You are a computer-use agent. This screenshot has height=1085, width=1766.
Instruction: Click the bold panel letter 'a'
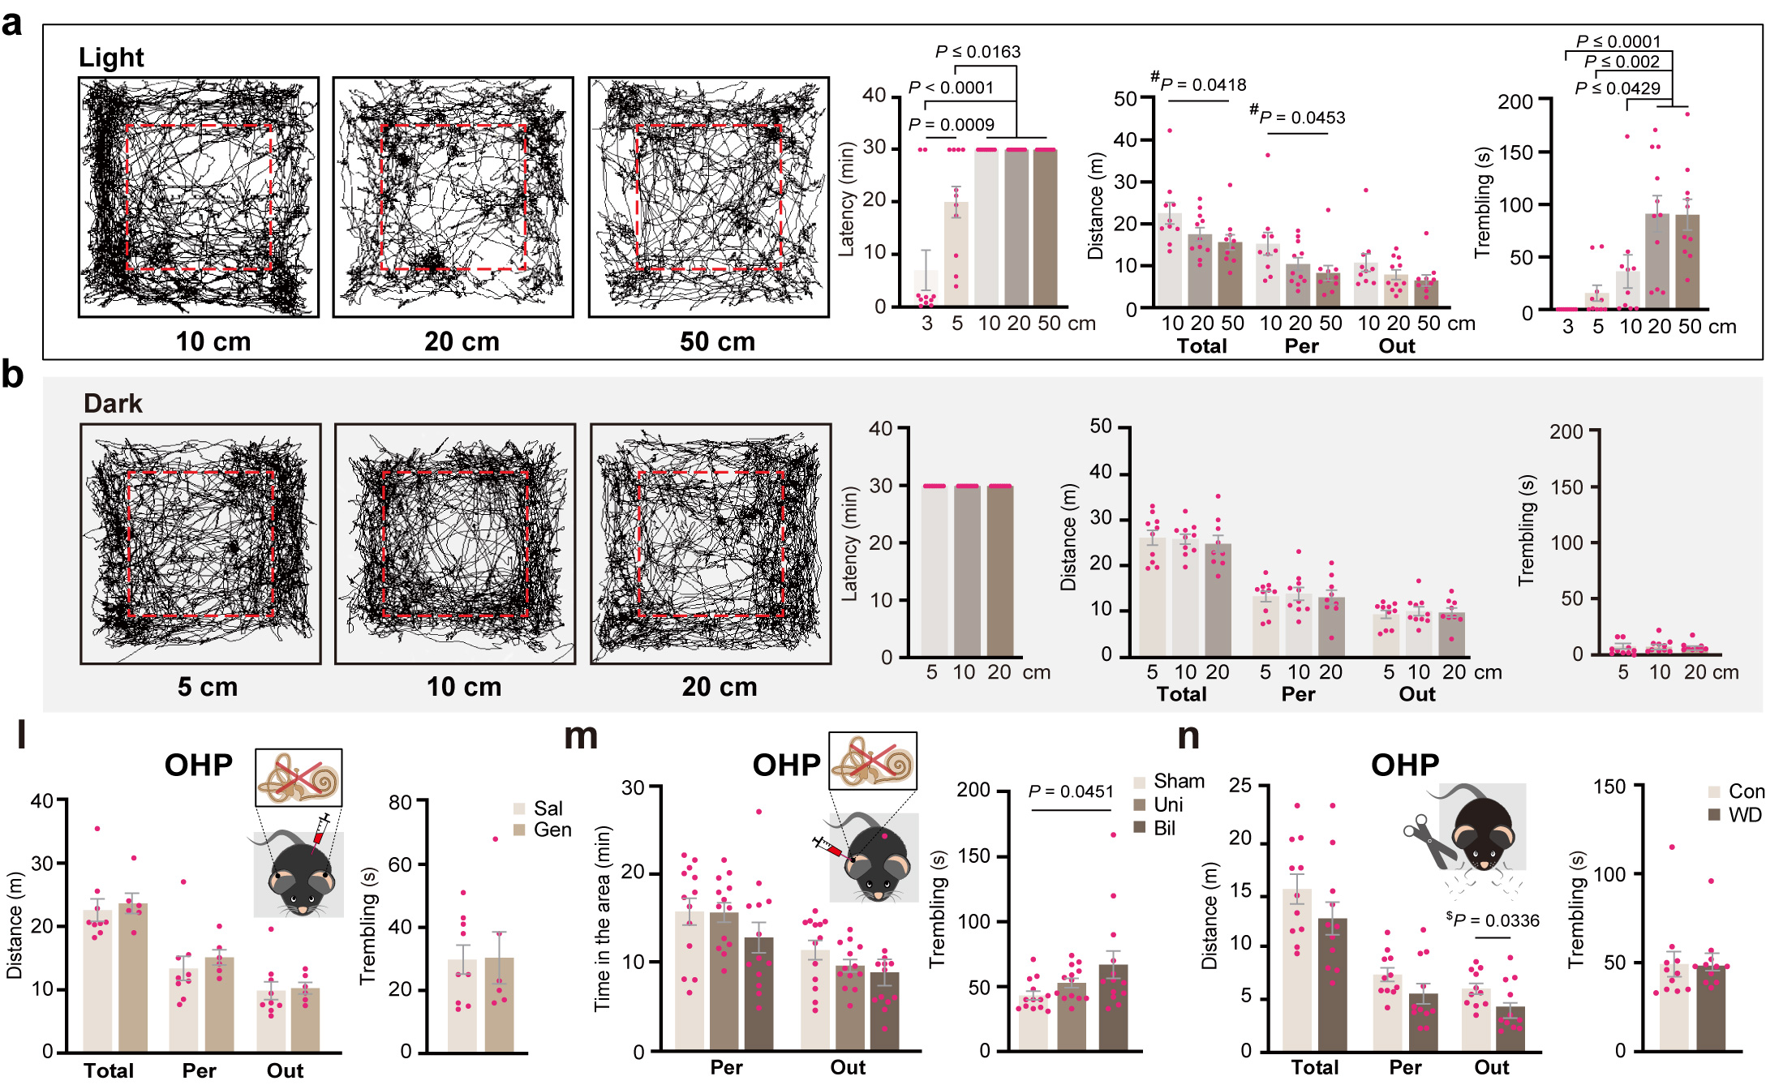pos(12,24)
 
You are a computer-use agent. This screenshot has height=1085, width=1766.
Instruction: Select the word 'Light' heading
pos(111,58)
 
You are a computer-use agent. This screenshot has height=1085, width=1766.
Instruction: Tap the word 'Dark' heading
pos(113,403)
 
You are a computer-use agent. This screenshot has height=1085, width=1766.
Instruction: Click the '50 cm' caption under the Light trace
pos(717,341)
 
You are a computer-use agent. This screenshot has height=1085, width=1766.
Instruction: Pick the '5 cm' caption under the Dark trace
pos(208,687)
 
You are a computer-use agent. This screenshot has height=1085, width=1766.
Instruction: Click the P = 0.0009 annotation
pos(952,125)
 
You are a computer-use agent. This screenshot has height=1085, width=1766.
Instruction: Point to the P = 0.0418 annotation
pos(1198,84)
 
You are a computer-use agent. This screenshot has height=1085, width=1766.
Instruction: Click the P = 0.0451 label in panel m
pos(1071,791)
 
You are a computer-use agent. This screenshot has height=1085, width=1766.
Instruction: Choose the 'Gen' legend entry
pos(552,830)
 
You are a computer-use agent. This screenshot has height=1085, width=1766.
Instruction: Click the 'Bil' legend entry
pos(1163,828)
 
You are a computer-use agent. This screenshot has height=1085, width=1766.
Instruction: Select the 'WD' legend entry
pos(1743,814)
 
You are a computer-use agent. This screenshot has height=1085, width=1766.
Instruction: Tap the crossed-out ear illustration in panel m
pos(872,761)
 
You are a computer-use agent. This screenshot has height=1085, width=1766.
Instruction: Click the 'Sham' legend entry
pos(1178,781)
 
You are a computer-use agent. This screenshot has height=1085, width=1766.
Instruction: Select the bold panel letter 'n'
pos(1188,735)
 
